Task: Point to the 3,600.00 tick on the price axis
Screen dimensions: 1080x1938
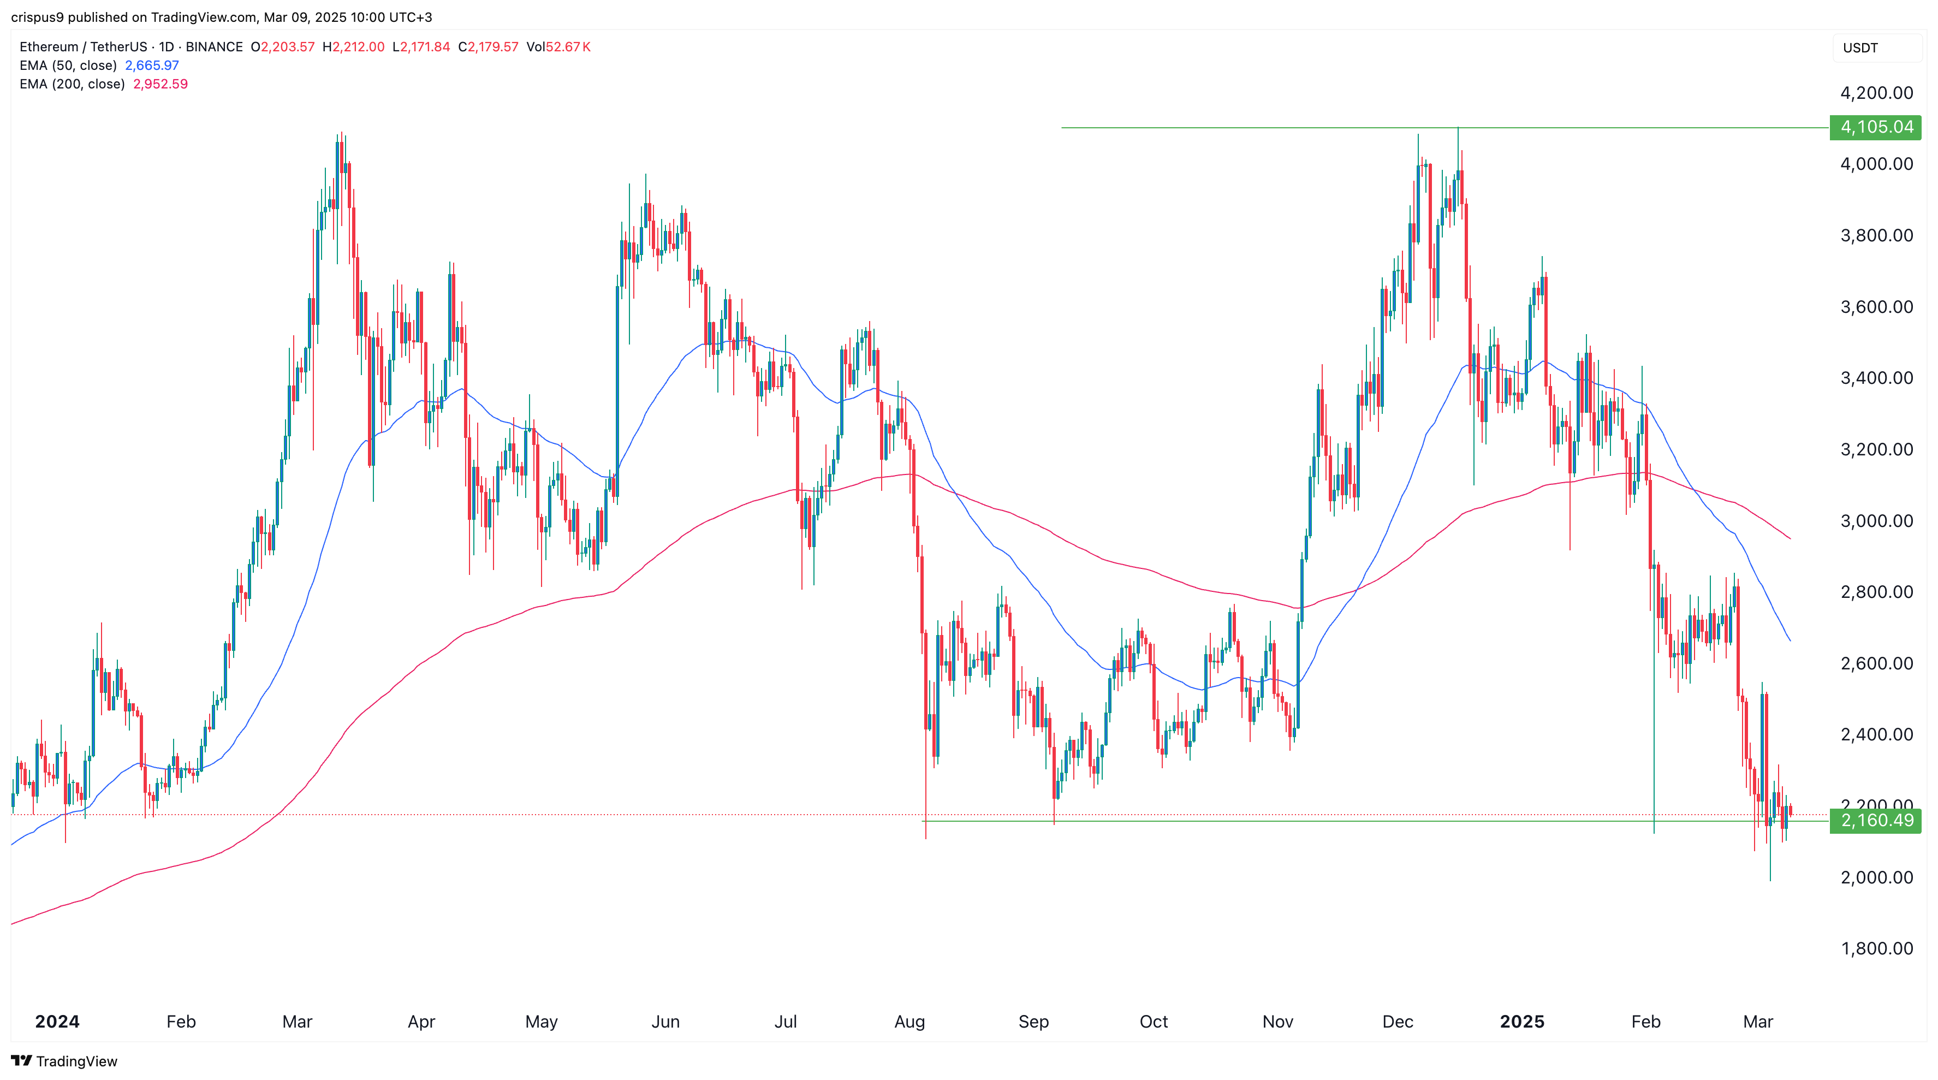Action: [x=1876, y=307]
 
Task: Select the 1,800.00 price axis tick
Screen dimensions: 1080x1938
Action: [x=1876, y=948]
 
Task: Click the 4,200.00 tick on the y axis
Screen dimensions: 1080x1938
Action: [x=1876, y=93]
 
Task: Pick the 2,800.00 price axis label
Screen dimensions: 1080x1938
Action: [x=1876, y=592]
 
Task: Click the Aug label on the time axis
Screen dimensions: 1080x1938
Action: [x=909, y=1021]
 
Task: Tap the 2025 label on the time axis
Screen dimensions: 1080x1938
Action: [x=1521, y=1021]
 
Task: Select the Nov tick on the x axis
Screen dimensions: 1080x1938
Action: [x=1277, y=1021]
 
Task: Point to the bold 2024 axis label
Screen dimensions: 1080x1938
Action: [x=57, y=1021]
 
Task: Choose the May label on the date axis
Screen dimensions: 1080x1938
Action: [x=541, y=1021]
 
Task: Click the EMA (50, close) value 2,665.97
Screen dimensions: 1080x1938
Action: [x=152, y=66]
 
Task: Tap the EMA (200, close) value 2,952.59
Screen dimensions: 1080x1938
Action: [x=160, y=84]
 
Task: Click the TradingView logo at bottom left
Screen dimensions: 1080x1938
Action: [x=65, y=1061]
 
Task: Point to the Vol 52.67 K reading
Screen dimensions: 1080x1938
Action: [x=558, y=46]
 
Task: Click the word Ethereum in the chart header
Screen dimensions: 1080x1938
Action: [x=49, y=46]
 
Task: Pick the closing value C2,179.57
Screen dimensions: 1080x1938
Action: [x=488, y=46]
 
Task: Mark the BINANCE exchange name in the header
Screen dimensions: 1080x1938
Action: [x=215, y=46]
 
